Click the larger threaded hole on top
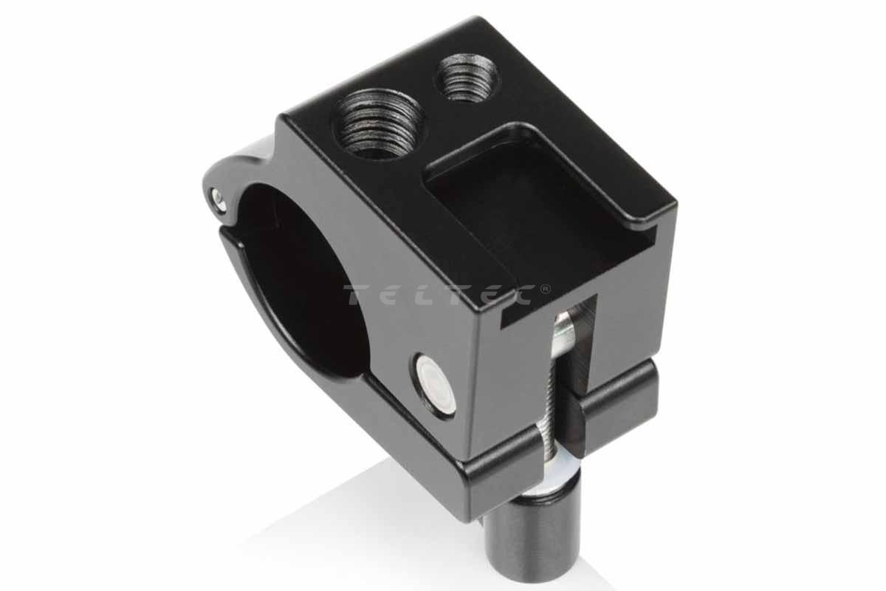(379, 124)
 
